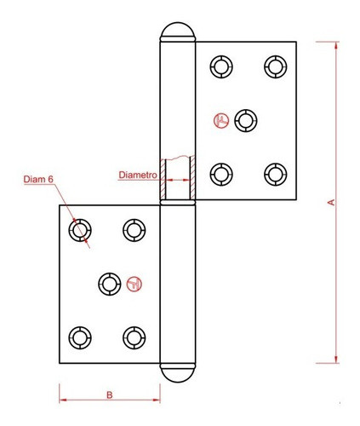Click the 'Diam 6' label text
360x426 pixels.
click(x=38, y=179)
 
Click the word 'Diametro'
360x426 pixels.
click(x=135, y=175)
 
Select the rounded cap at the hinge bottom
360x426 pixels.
click(x=177, y=373)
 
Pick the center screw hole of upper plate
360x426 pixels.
click(x=247, y=120)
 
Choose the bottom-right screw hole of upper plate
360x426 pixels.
click(x=273, y=174)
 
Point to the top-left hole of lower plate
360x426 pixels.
click(x=81, y=229)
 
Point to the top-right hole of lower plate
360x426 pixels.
click(x=133, y=229)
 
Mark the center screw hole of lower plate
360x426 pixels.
click(x=107, y=283)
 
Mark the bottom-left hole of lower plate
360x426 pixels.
click(x=81, y=337)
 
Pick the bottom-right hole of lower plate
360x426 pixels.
click(x=133, y=337)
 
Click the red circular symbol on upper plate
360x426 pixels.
click(x=222, y=121)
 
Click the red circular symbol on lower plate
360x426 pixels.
click(x=133, y=283)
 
